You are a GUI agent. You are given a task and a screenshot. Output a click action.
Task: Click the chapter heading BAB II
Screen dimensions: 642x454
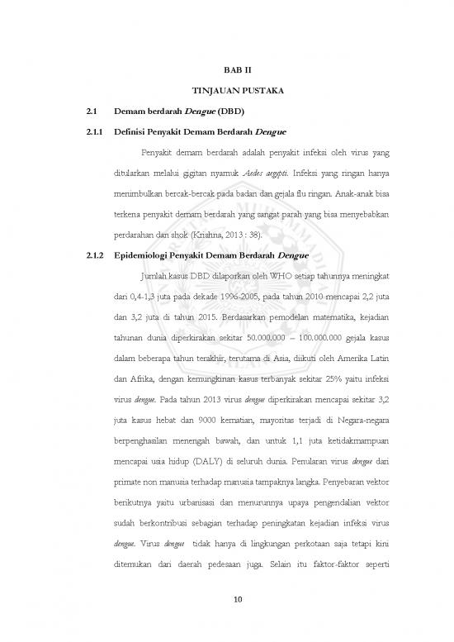click(237, 71)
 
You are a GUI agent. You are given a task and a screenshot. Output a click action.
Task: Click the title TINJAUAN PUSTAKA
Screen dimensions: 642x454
click(237, 90)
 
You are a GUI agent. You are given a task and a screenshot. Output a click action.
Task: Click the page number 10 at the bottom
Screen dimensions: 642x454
click(237, 598)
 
